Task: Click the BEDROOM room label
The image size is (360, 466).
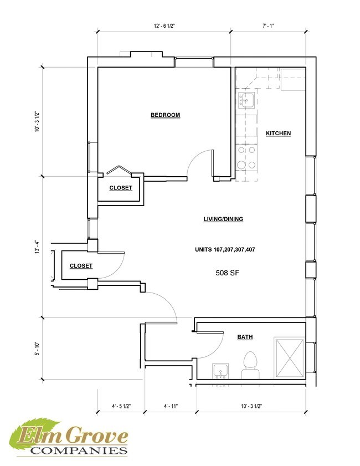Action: tap(166, 115)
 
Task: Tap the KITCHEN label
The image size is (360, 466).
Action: tap(278, 134)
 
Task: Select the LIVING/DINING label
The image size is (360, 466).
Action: tap(223, 219)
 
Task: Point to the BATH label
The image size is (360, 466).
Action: tap(245, 337)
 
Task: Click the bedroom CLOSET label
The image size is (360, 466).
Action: tap(121, 188)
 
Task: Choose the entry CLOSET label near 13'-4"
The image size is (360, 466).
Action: tap(81, 267)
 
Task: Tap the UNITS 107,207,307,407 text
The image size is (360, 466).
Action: tap(224, 249)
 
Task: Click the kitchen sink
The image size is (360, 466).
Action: tap(246, 100)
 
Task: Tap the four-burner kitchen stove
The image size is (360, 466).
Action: tap(246, 157)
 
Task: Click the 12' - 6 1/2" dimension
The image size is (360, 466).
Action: tap(163, 26)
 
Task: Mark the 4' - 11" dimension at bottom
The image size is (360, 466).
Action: tap(169, 406)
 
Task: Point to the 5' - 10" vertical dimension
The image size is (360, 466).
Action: tap(37, 348)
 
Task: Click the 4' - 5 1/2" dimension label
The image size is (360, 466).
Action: tap(121, 406)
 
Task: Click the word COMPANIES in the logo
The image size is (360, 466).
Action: tap(77, 450)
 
